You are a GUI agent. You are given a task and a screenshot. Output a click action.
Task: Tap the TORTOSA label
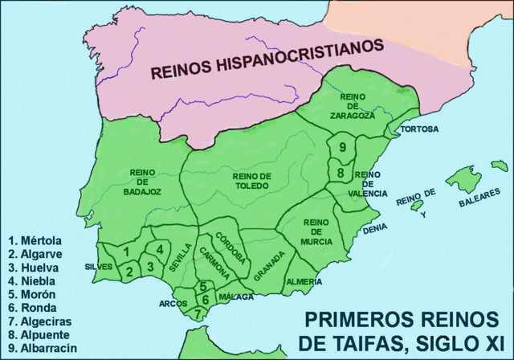coord(418,129)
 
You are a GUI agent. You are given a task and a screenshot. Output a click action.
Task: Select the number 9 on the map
coord(343,147)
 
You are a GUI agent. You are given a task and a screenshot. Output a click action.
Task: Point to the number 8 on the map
coord(341,173)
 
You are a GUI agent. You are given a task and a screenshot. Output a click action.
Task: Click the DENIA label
coord(375,228)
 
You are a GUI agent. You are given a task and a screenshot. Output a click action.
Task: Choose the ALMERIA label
coord(304,282)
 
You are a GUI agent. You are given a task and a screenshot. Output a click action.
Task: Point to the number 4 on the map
coord(161,249)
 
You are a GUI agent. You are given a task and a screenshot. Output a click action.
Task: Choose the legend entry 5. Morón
coord(32,293)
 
